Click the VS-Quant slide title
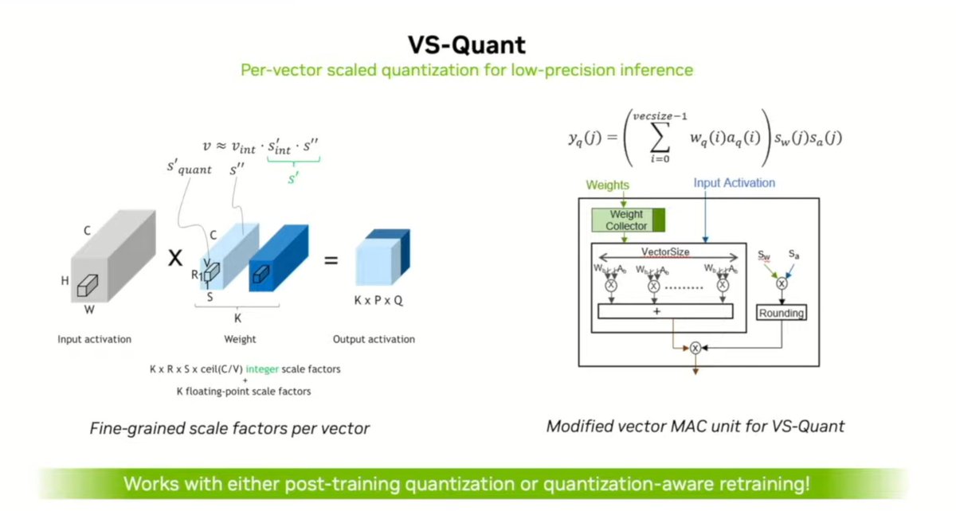[x=478, y=44]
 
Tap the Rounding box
[x=782, y=313]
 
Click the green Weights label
[x=609, y=185]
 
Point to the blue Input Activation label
[x=734, y=183]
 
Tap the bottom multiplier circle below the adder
[x=695, y=347]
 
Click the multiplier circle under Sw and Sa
[x=782, y=283]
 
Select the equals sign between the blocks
[x=331, y=260]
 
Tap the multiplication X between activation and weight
[x=175, y=259]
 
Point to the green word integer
[x=260, y=369]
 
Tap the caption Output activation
[x=374, y=339]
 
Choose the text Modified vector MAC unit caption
[x=695, y=427]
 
